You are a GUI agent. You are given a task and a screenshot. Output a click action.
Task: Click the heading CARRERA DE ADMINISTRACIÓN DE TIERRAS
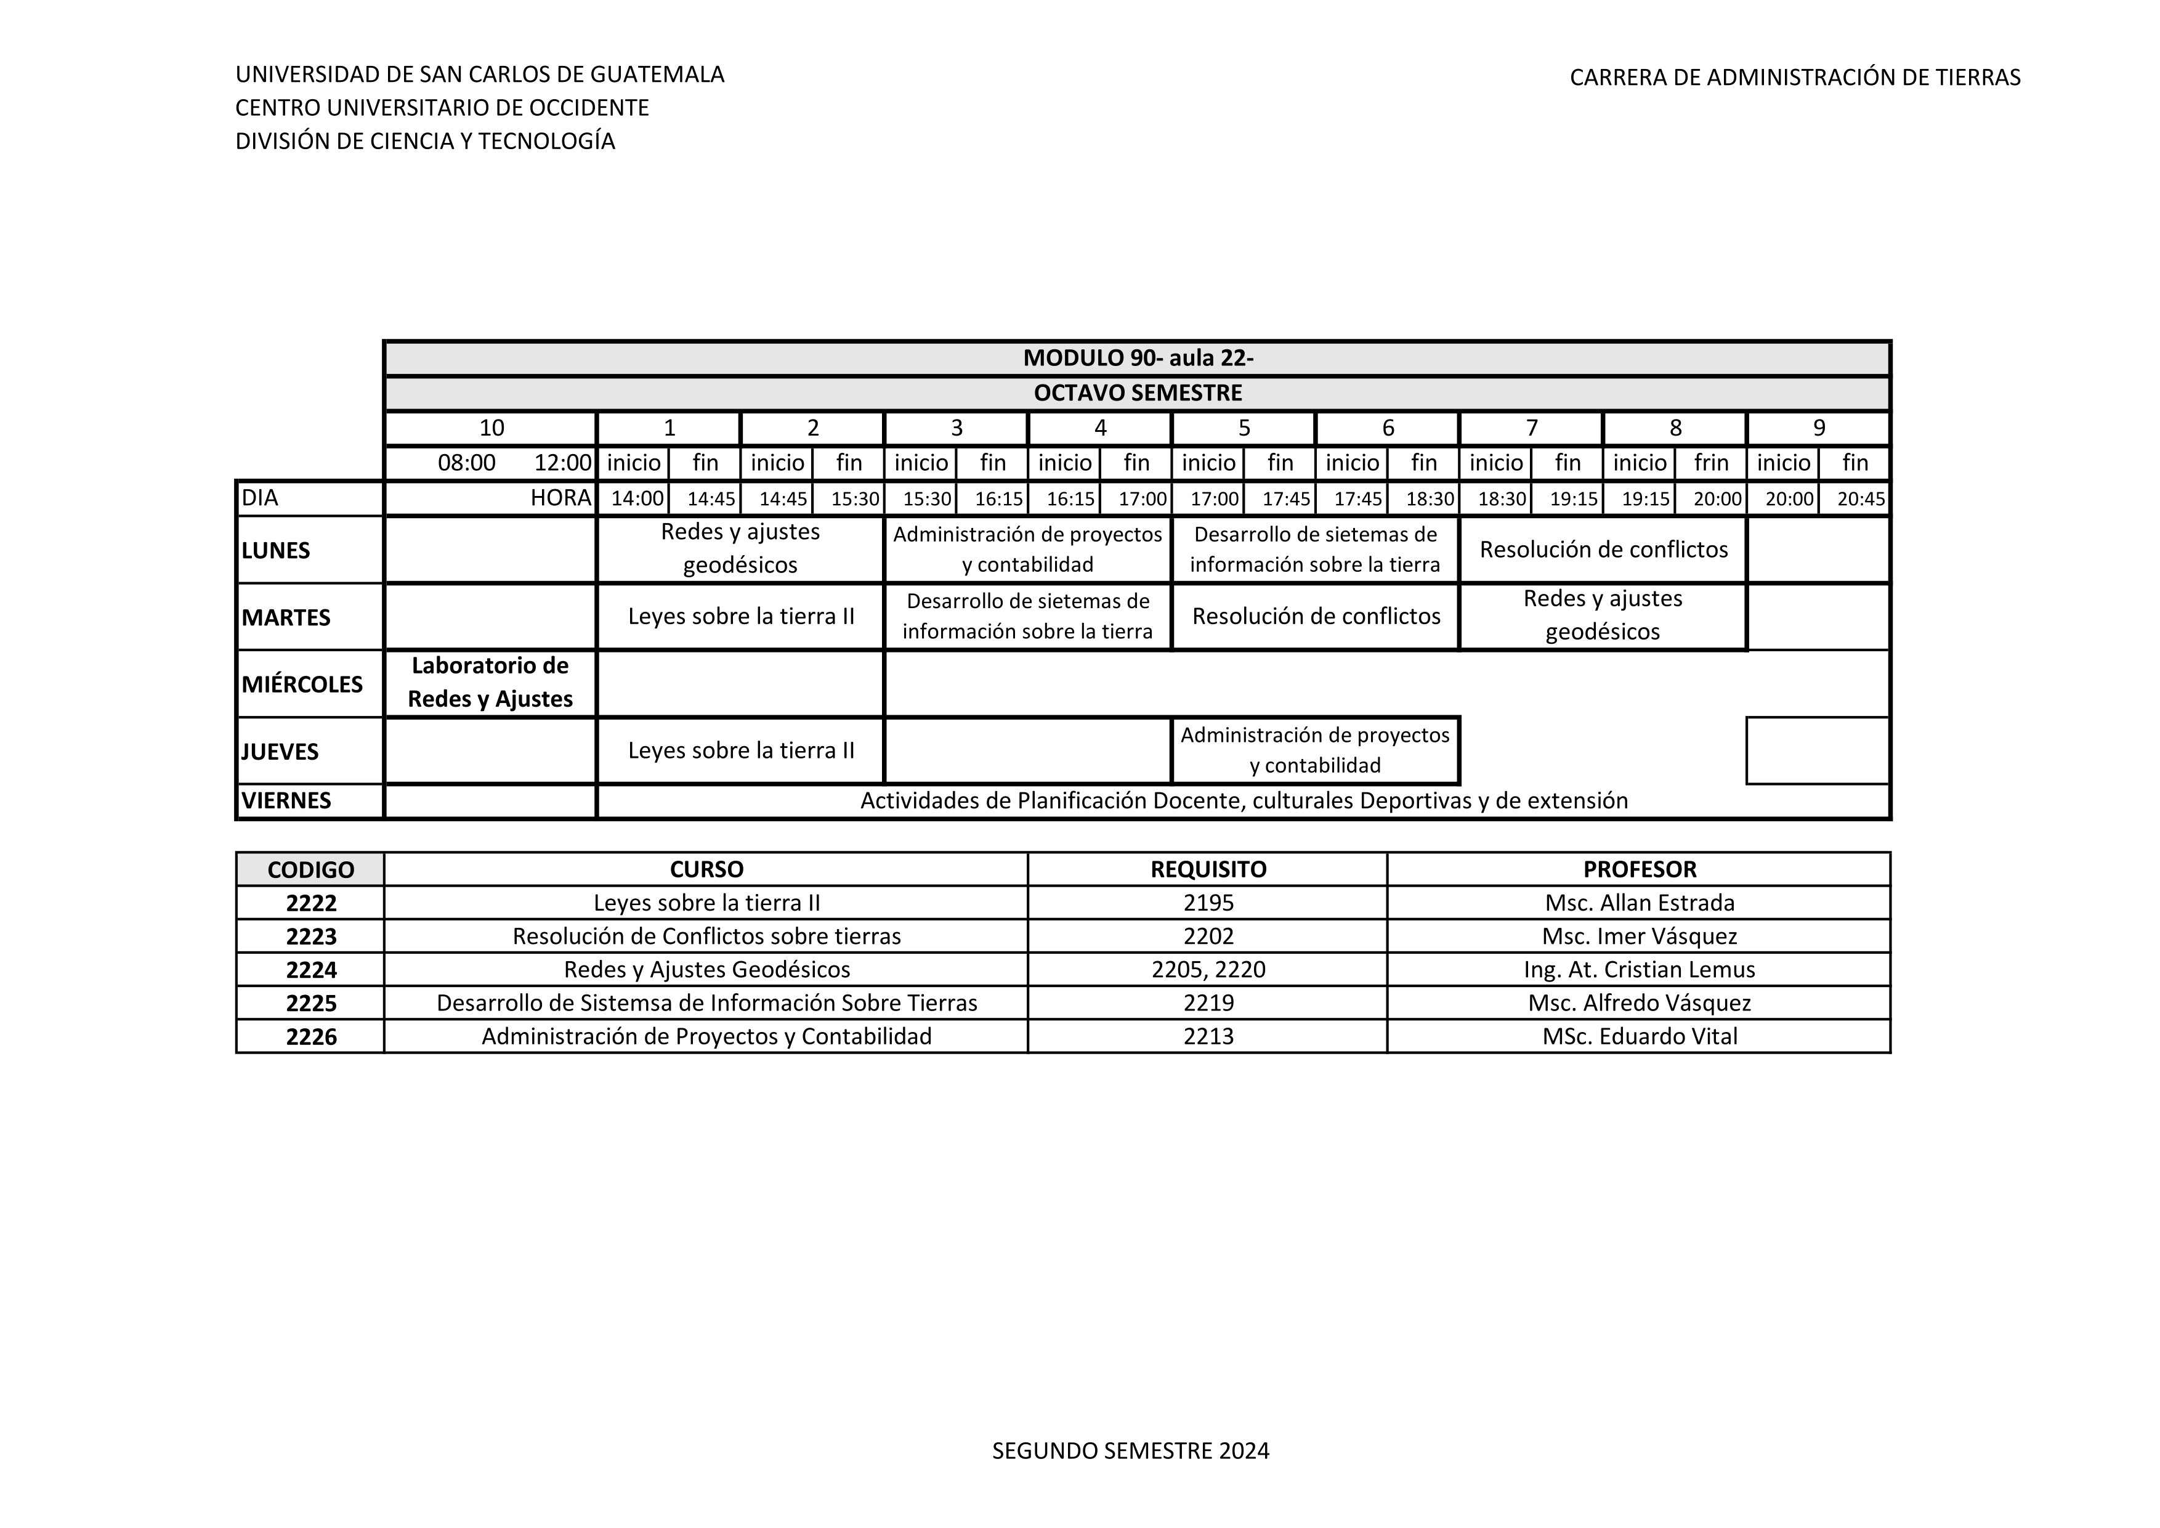1795,77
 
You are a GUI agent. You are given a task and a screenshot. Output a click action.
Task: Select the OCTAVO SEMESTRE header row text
1138,393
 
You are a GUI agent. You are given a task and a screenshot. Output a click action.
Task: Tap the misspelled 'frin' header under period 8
1711,463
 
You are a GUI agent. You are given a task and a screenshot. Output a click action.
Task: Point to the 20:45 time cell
1861,498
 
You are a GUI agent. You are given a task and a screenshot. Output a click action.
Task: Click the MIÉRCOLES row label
302,684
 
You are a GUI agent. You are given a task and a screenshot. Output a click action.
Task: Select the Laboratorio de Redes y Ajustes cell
490,682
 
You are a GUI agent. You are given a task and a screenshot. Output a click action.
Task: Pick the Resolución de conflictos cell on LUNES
1603,550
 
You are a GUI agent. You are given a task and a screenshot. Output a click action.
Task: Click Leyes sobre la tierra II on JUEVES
742,751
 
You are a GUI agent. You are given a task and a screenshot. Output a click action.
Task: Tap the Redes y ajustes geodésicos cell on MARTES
1603,616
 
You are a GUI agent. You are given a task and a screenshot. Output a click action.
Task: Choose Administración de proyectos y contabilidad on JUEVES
1315,750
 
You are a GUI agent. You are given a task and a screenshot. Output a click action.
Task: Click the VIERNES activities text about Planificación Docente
1244,801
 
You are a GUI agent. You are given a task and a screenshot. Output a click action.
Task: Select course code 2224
312,970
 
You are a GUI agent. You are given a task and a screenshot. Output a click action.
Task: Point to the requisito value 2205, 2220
1208,970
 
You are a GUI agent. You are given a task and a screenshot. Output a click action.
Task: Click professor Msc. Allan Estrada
1639,903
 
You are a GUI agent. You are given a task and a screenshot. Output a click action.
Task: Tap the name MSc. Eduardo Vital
1639,1037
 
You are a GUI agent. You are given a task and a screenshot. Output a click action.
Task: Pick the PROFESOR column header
1639,869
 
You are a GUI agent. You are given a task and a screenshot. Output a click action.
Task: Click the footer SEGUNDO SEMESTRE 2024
1131,1451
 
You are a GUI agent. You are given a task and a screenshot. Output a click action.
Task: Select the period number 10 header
491,428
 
